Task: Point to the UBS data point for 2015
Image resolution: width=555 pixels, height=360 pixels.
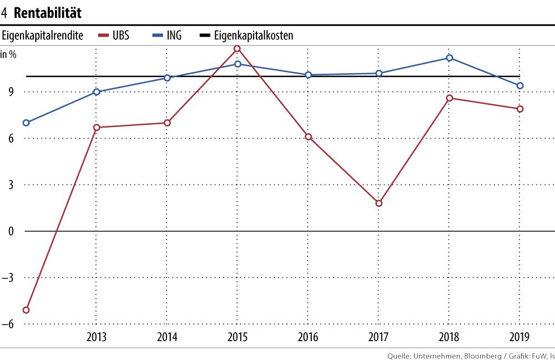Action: tap(238, 49)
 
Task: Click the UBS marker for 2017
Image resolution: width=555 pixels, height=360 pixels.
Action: tap(379, 203)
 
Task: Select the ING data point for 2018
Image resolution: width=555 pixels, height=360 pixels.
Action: tap(449, 58)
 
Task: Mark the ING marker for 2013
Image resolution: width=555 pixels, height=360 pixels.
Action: tap(97, 92)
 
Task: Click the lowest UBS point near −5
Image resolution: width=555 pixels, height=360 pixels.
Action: tap(26, 310)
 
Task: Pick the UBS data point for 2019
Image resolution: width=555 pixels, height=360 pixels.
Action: tap(520, 109)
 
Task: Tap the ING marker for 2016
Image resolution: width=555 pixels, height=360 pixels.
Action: tap(308, 75)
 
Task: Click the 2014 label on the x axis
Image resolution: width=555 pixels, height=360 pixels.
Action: tap(167, 337)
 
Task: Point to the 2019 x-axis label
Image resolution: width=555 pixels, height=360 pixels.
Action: tap(519, 337)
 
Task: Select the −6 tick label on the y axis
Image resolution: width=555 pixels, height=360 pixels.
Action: tap(9, 324)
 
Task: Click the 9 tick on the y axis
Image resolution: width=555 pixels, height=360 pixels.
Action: tap(11, 92)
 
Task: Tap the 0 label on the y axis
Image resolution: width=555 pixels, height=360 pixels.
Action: tap(11, 231)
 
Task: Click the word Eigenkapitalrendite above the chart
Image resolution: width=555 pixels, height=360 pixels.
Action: tap(43, 36)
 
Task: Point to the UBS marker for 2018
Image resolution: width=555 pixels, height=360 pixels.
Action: tap(449, 98)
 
